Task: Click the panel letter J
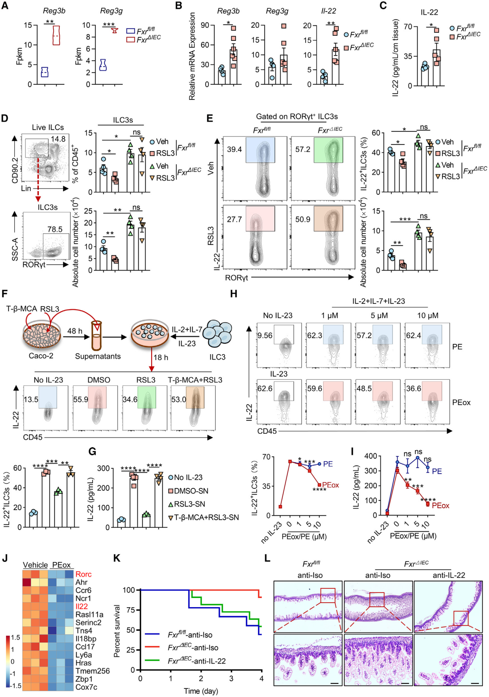(x=5, y=559)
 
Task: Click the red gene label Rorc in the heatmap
(x=84, y=574)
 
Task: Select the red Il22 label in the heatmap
(x=82, y=606)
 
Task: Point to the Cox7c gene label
(x=86, y=687)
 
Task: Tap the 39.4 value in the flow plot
(x=234, y=149)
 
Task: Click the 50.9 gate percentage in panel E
(x=303, y=219)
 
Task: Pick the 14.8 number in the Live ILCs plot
(x=58, y=139)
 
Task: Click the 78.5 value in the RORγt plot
(x=55, y=229)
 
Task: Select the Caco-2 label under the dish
(x=41, y=355)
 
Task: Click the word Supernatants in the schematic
(x=98, y=356)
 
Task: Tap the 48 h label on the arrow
(x=75, y=331)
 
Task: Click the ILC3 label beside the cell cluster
(x=217, y=357)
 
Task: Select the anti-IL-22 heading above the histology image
(x=449, y=575)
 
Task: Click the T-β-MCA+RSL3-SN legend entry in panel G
(x=206, y=517)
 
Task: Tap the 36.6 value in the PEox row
(x=413, y=389)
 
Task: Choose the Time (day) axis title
(x=201, y=691)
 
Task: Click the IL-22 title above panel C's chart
(x=429, y=12)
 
